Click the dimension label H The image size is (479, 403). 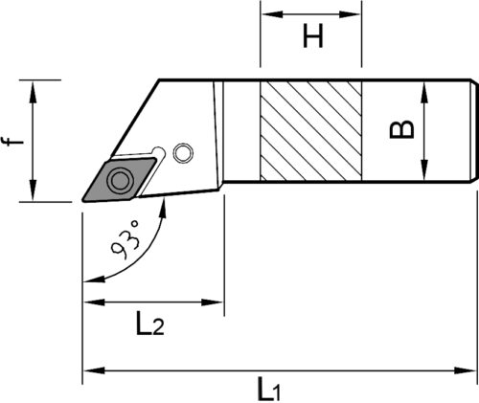pyautogui.click(x=313, y=36)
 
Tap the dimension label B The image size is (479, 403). pyautogui.click(x=401, y=129)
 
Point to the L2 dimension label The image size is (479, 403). pyautogui.click(x=150, y=323)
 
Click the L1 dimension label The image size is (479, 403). pyautogui.click(x=270, y=389)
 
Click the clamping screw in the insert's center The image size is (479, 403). pyautogui.click(x=120, y=180)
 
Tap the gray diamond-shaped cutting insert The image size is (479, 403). pyautogui.click(x=119, y=179)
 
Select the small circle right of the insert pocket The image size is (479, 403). pyautogui.click(x=183, y=153)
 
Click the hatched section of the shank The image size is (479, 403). pyautogui.click(x=310, y=131)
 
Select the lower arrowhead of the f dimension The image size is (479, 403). pyautogui.click(x=33, y=190)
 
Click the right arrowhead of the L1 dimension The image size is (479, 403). pyautogui.click(x=466, y=370)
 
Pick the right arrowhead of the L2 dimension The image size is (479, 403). pyautogui.click(x=212, y=302)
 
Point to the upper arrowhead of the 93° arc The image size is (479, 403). pyautogui.click(x=163, y=208)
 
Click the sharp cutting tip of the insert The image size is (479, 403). pyautogui.click(x=83, y=200)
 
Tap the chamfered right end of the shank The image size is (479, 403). pyautogui.click(x=474, y=131)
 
